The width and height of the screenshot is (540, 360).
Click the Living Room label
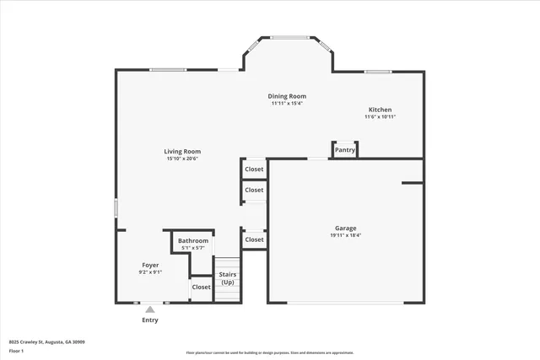182,152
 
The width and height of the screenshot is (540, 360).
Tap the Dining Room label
287,96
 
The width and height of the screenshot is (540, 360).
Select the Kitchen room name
380,110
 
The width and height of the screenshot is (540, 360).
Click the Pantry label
345,150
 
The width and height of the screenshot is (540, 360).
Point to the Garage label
345,228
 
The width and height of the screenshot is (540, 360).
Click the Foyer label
150,265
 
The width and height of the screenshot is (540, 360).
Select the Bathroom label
193,240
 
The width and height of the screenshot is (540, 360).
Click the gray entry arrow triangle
150,309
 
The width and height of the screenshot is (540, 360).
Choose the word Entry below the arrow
150,320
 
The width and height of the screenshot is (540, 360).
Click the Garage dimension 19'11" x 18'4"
345,236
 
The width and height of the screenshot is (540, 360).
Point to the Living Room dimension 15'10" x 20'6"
182,159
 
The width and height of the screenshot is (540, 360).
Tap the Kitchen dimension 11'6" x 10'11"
380,117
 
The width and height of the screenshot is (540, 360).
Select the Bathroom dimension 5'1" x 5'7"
193,248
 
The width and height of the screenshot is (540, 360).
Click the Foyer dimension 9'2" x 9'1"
150,272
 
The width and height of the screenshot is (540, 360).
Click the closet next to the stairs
201,287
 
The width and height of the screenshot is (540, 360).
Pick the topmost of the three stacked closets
254,169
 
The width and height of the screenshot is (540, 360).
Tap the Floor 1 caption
16,351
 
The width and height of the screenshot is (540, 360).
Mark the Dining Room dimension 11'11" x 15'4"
287,104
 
